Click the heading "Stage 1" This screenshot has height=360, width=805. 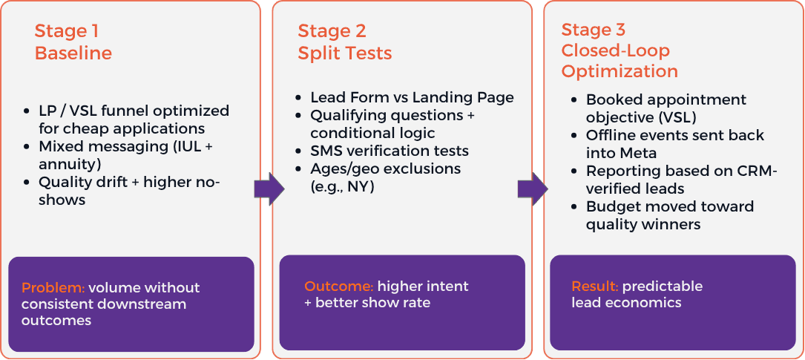pos(66,31)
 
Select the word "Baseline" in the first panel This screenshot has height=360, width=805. pos(73,53)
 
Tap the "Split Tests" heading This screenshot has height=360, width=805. pos(345,53)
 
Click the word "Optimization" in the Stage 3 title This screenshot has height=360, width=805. pos(620,71)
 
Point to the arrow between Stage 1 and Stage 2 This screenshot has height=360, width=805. pos(269,189)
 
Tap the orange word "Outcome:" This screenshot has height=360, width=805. pos(338,287)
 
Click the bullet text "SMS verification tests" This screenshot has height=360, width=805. pos(390,151)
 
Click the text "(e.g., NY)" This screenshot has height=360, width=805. pos(342,186)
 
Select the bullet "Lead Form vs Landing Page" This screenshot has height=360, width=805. pos(412,98)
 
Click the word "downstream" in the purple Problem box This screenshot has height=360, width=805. pos(140,304)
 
